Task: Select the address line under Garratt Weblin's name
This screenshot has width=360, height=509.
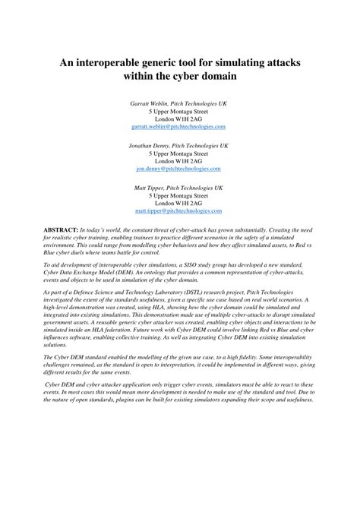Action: coord(180,111)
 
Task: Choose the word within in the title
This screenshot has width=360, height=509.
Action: coord(137,77)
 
